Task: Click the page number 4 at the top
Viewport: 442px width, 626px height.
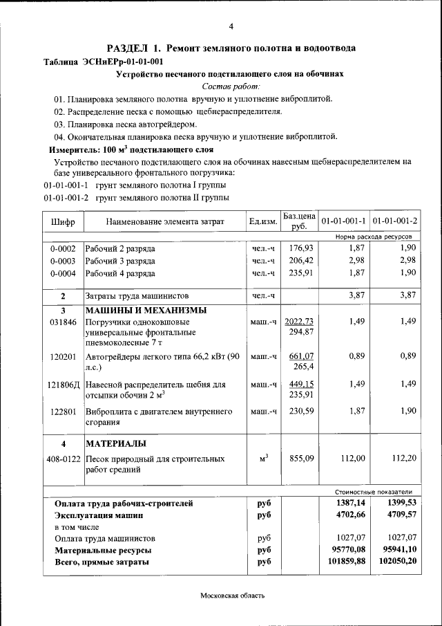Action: pyautogui.click(x=231, y=26)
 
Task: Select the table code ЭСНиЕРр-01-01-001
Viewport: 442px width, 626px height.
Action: pyautogui.click(x=122, y=61)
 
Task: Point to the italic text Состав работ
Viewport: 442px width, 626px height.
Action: pyautogui.click(x=231, y=86)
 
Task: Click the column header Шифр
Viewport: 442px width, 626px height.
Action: pyautogui.click(x=63, y=222)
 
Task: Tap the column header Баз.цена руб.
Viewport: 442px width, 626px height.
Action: pyautogui.click(x=298, y=221)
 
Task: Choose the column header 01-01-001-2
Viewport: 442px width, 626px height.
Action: pyautogui.click(x=394, y=222)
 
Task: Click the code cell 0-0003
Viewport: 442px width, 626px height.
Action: pyautogui.click(x=63, y=261)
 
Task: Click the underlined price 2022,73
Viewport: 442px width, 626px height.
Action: pyautogui.click(x=299, y=322)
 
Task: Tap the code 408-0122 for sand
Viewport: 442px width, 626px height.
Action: pyautogui.click(x=63, y=458)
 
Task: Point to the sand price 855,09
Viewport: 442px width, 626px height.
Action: pyautogui.click(x=301, y=458)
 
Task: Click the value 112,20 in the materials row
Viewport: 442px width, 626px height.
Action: pyautogui.click(x=404, y=458)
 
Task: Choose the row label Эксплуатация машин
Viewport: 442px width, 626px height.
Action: pyautogui.click(x=99, y=515)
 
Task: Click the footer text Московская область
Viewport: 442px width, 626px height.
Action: pyautogui.click(x=233, y=596)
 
